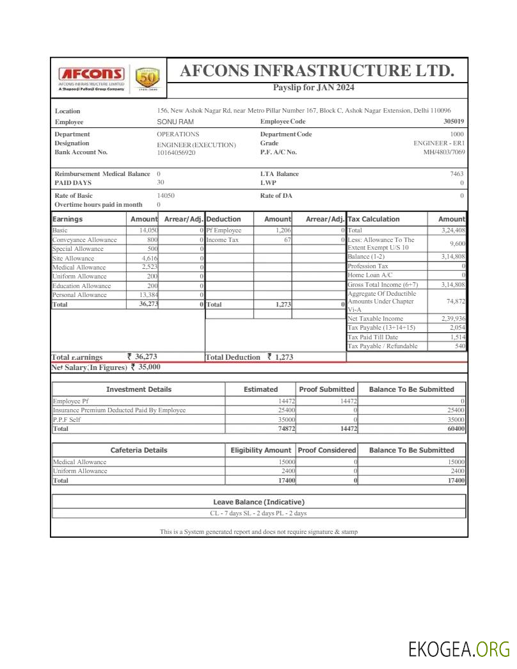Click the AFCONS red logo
pyautogui.click(x=91, y=74)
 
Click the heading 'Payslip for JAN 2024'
pyautogui.click(x=314, y=88)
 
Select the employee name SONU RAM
pyautogui.click(x=175, y=122)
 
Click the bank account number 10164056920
pyautogui.click(x=177, y=153)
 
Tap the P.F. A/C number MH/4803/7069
pyautogui.click(x=444, y=152)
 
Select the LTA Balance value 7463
pyautogui.click(x=457, y=174)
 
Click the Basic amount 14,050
pyautogui.click(x=148, y=230)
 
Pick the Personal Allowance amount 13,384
pyautogui.click(x=148, y=295)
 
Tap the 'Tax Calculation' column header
pyautogui.click(x=374, y=219)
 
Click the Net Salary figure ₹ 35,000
pyautogui.click(x=145, y=367)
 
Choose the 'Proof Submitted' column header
pyautogui.click(x=326, y=389)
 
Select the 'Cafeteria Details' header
pyautogui.click(x=138, y=450)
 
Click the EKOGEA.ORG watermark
pyautogui.click(x=459, y=649)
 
